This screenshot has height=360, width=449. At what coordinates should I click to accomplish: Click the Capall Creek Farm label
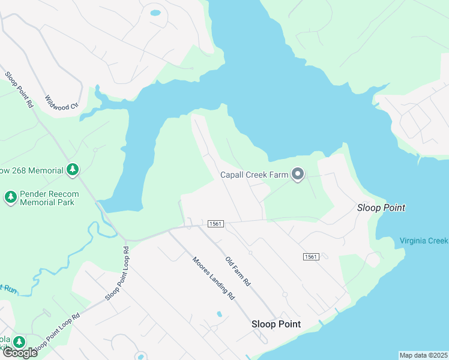254,175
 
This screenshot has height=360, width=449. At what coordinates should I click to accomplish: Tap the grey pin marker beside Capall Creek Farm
298,175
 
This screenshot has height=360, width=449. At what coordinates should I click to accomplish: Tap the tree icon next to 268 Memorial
72,170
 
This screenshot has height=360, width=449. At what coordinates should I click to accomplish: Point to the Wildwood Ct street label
62,101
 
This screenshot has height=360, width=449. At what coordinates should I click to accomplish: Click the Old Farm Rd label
238,271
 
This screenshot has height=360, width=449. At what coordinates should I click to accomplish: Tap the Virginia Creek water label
424,241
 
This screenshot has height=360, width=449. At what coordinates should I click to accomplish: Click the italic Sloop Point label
381,208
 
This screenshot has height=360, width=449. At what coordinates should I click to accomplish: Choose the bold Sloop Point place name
276,324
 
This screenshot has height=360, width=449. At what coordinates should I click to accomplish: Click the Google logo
20,353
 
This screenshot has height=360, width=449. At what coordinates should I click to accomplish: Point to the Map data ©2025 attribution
423,355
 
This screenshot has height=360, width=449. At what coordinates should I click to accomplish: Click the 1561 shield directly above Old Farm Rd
215,224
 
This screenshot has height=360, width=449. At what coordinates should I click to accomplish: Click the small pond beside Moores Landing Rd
219,314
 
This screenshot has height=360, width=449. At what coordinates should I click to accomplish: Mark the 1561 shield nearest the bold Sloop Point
310,257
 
